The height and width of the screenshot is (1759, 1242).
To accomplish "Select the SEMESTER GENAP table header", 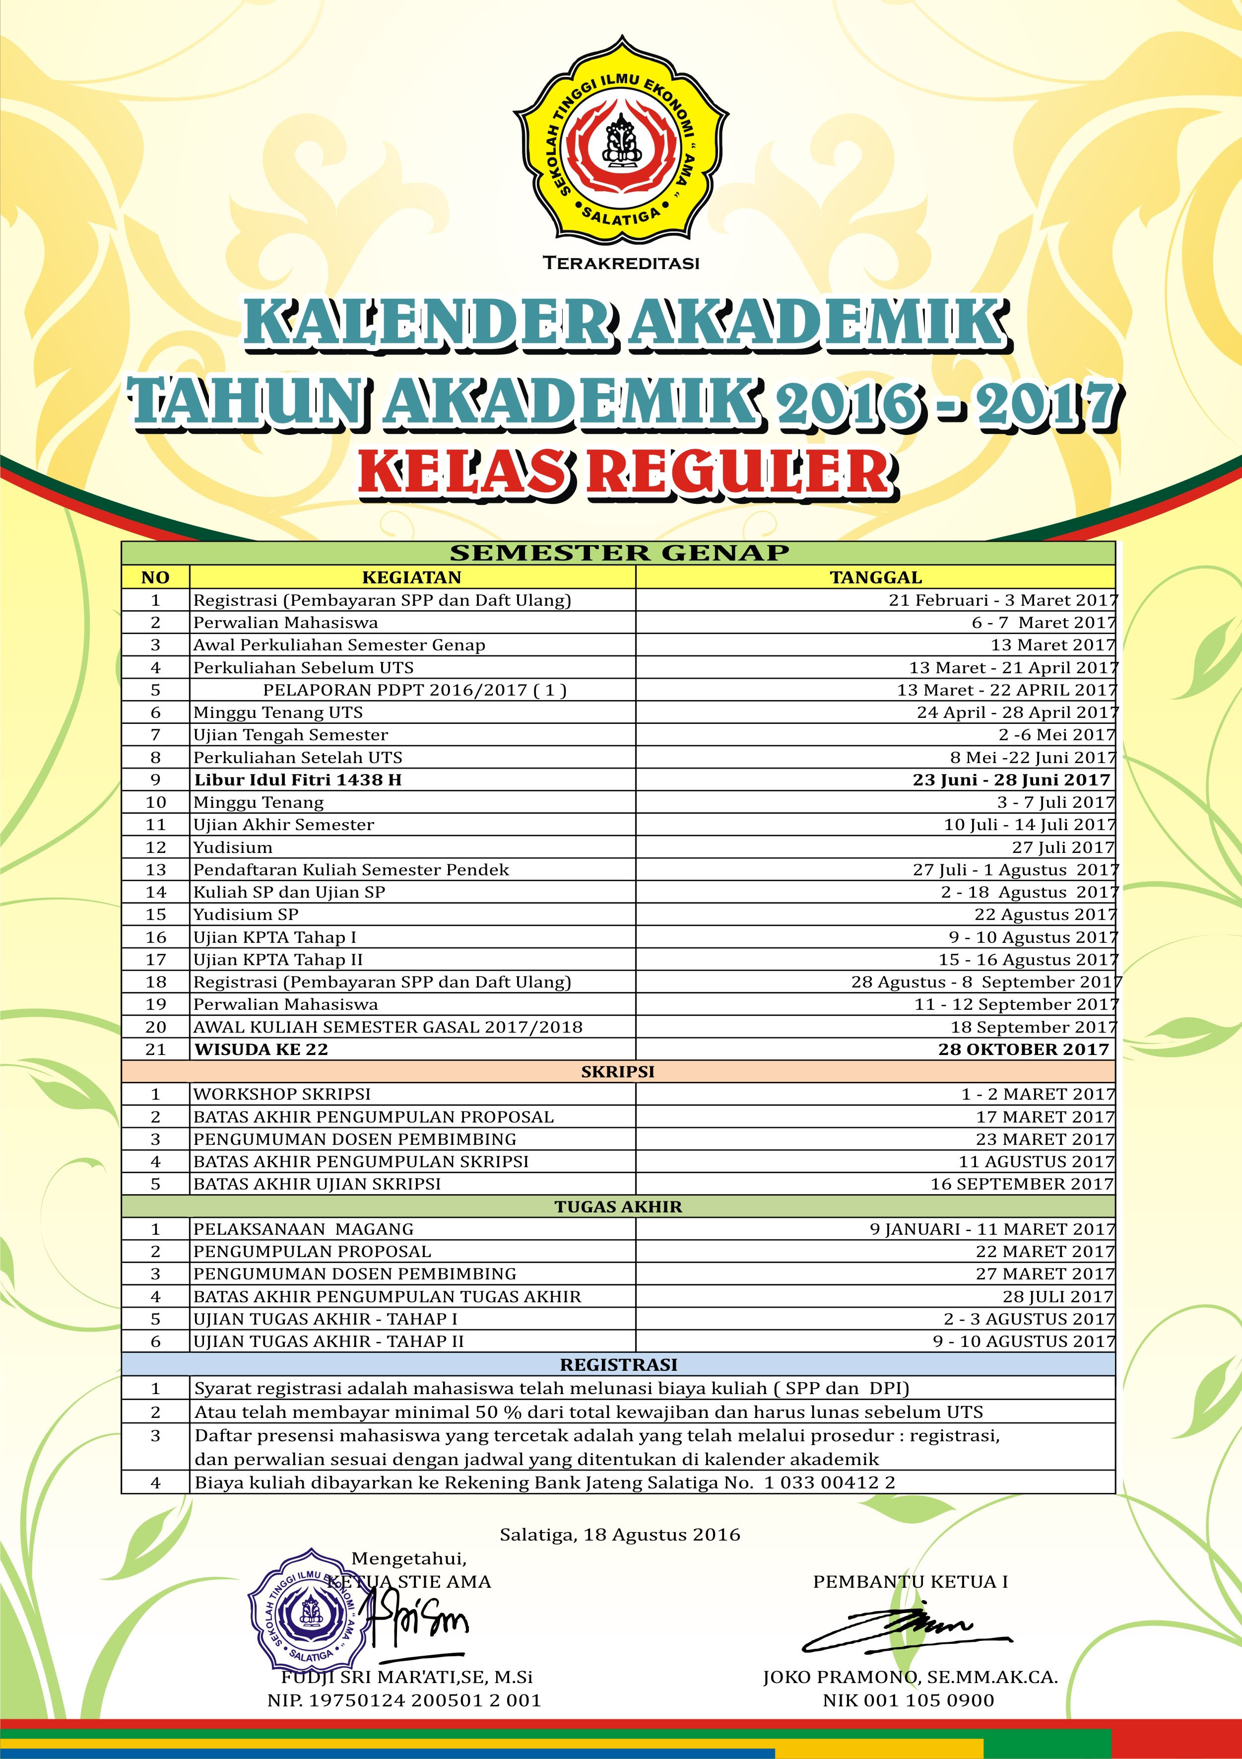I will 619,553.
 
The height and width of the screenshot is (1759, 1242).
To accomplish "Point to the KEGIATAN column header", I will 412,577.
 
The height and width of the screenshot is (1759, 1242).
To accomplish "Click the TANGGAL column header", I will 876,577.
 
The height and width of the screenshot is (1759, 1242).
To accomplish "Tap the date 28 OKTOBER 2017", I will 1024,1049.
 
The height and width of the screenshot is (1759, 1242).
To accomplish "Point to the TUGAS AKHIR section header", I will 618,1206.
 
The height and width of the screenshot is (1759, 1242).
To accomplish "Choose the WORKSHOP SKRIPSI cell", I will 282,1094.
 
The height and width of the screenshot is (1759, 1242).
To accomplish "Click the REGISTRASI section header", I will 618,1364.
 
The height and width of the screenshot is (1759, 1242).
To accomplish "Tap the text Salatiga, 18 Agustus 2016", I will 620,1535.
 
